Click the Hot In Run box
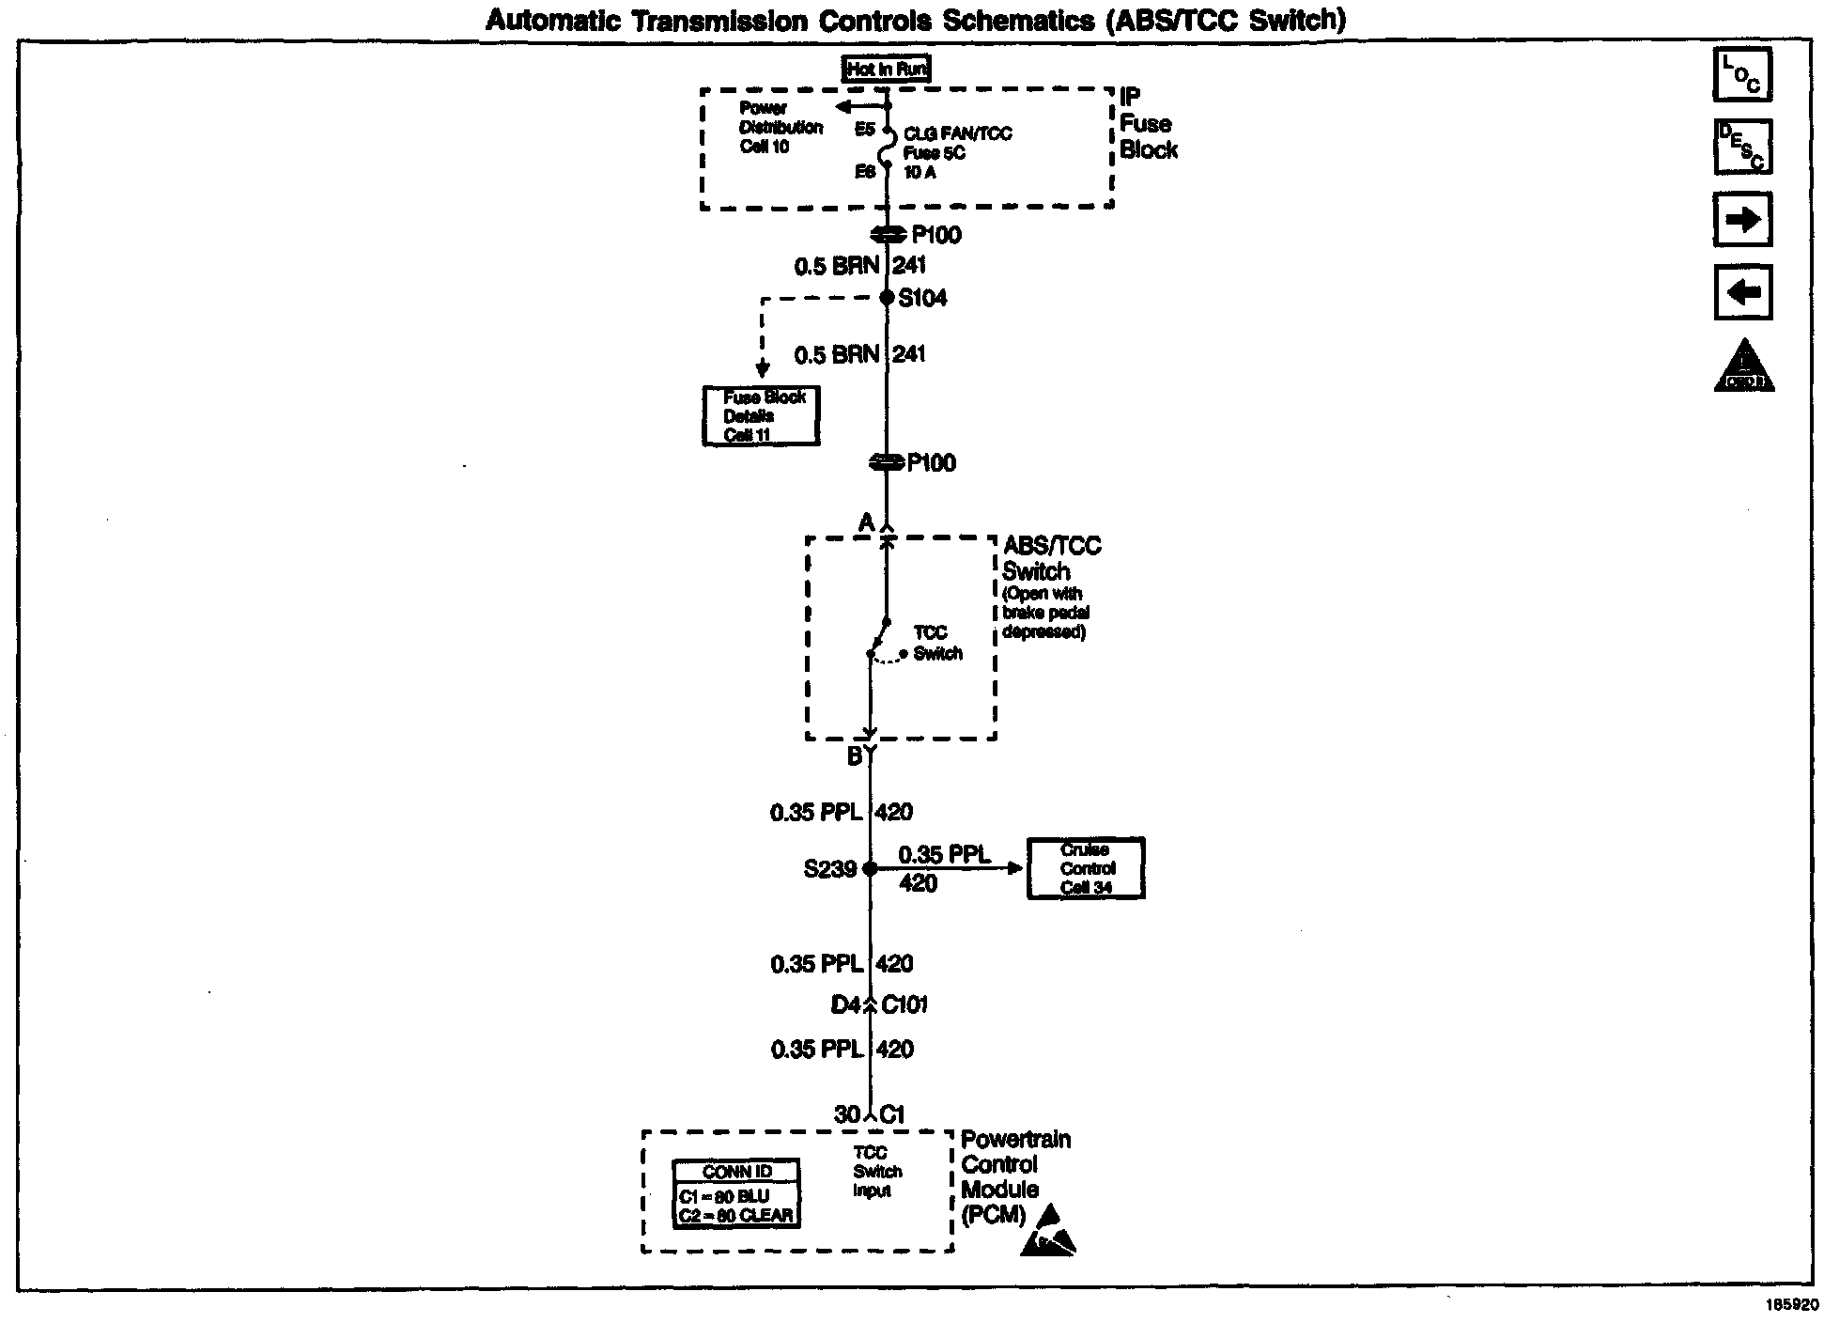point(887,69)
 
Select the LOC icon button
point(1742,74)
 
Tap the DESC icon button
point(1742,147)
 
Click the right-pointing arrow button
point(1742,220)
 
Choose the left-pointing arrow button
point(1742,293)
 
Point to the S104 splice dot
point(887,298)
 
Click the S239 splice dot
point(870,869)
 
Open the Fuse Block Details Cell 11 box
point(761,415)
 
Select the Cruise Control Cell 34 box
point(1086,868)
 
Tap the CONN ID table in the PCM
point(737,1193)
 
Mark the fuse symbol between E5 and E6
point(886,151)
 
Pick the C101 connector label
point(904,1005)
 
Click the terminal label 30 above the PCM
point(846,1114)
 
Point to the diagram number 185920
point(1792,1305)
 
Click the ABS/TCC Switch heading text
point(1050,558)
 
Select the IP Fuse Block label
point(1148,124)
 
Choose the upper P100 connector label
point(936,235)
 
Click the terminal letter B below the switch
point(855,756)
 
